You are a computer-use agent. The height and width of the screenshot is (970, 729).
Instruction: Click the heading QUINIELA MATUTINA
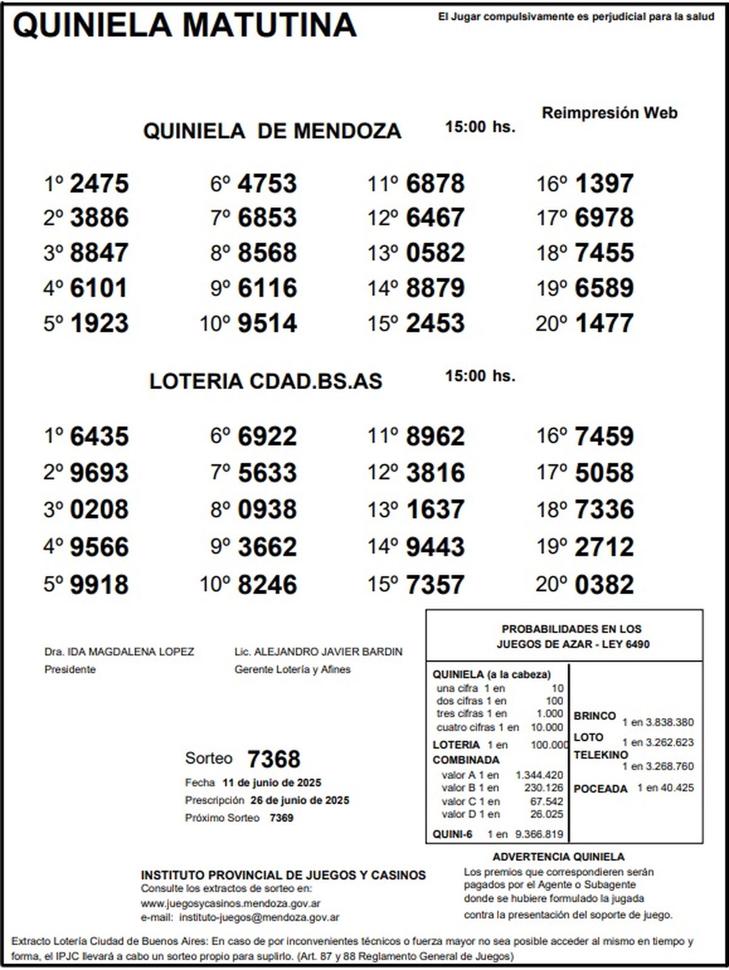point(184,25)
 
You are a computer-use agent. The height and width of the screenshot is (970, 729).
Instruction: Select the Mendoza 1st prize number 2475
point(99,183)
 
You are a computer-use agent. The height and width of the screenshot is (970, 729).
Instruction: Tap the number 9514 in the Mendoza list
point(267,323)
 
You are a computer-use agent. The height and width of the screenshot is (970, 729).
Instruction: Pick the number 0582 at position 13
point(435,253)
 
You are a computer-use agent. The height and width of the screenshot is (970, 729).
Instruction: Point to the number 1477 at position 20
point(604,323)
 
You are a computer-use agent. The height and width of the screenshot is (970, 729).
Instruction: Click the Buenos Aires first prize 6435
point(99,436)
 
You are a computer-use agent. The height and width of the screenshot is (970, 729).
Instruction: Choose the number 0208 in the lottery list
point(99,509)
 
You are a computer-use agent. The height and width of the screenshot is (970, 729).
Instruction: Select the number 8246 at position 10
point(267,585)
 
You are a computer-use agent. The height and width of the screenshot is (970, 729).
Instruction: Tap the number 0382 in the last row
point(604,585)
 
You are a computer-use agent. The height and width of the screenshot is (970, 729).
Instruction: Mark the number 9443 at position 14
point(435,547)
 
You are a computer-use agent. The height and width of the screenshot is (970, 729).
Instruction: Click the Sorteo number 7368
point(273,759)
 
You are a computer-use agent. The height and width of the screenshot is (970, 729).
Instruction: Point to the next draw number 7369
point(281,818)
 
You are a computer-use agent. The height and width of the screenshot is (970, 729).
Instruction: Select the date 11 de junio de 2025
point(272,782)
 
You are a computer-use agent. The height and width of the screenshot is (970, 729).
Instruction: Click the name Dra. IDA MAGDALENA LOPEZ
point(119,652)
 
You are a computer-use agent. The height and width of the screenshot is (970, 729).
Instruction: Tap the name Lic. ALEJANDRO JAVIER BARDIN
point(318,652)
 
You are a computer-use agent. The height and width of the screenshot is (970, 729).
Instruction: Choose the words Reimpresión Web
point(609,113)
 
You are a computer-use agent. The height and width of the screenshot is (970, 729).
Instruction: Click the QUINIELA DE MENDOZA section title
point(272,131)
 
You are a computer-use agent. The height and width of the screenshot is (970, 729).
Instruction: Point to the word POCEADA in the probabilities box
point(600,789)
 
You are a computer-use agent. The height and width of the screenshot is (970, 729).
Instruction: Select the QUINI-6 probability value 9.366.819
point(539,835)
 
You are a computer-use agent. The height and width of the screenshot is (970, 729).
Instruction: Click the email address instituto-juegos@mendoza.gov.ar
point(259,918)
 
